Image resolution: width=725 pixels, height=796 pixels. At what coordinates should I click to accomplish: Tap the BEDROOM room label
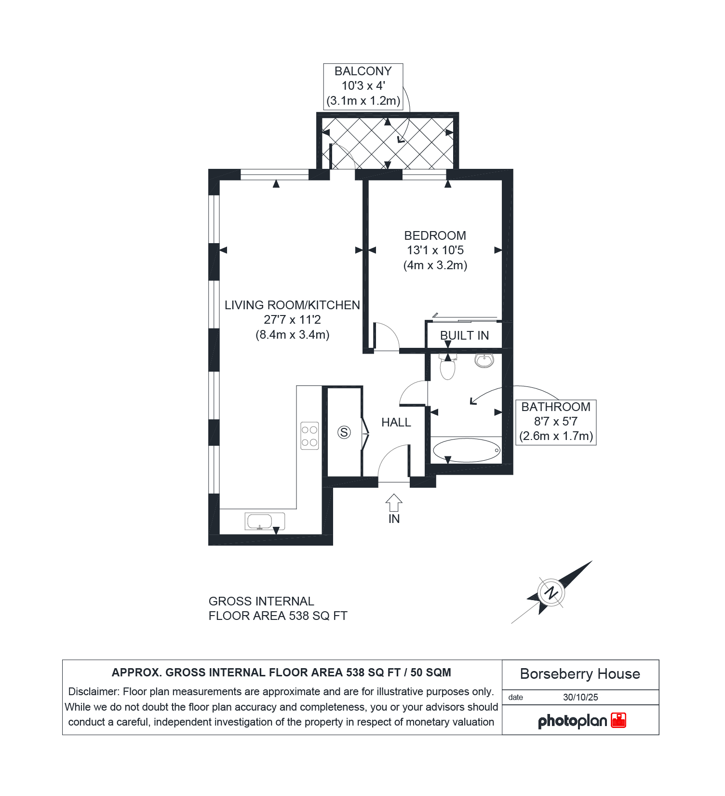click(x=435, y=236)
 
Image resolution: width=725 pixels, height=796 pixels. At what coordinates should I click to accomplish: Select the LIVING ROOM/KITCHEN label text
click(x=292, y=305)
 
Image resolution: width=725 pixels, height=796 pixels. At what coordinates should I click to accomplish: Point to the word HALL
click(x=396, y=423)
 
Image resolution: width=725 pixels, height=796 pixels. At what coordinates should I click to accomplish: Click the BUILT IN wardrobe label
click(x=465, y=336)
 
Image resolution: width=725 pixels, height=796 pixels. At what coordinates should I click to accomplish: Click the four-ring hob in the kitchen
click(x=309, y=436)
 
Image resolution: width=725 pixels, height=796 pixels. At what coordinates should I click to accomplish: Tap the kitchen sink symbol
click(x=265, y=522)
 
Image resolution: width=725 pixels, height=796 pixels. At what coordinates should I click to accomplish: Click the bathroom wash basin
click(x=484, y=360)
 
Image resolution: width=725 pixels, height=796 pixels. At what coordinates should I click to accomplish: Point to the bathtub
click(x=467, y=450)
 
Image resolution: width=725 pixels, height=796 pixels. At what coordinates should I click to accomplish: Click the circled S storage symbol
click(x=344, y=432)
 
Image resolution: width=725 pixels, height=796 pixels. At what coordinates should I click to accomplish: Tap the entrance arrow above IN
click(x=394, y=503)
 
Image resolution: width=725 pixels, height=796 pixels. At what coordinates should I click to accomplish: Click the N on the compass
click(x=550, y=592)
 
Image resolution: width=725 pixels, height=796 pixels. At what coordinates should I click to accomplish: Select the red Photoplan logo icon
click(x=618, y=720)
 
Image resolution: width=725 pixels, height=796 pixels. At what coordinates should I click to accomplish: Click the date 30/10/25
click(x=580, y=698)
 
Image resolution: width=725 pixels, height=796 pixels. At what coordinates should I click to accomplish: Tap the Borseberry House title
click(x=580, y=674)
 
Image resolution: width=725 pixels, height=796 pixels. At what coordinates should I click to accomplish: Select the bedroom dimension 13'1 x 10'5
click(x=435, y=250)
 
